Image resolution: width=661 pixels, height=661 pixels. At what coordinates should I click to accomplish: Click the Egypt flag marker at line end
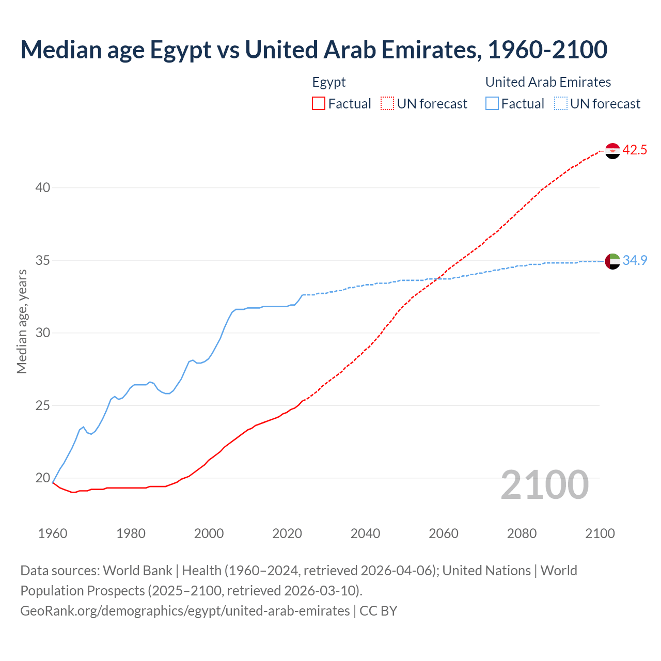[612, 151]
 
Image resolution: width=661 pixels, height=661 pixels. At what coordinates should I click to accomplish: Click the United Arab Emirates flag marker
[612, 261]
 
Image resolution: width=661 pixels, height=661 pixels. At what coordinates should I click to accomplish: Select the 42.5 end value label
[635, 150]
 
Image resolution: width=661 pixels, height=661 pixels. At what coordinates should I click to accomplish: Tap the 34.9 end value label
[635, 261]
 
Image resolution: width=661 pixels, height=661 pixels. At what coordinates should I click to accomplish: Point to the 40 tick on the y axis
[43, 187]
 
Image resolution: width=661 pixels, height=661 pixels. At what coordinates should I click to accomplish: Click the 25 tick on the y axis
[43, 405]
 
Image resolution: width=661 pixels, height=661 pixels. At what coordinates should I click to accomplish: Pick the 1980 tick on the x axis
[131, 533]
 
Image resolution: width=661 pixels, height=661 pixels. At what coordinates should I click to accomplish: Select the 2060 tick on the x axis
[444, 533]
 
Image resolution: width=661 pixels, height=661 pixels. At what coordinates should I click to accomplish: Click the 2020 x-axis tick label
[287, 533]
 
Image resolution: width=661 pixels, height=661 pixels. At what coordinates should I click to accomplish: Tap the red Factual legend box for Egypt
[319, 104]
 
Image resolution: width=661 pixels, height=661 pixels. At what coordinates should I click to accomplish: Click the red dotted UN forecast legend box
[387, 104]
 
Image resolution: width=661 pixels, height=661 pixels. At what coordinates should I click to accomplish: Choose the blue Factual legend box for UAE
[492, 104]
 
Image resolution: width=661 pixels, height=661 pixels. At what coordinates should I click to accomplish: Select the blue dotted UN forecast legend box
[561, 104]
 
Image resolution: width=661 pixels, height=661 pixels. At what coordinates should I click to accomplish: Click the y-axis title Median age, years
[22, 321]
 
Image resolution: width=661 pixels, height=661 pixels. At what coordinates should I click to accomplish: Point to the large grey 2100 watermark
[545, 485]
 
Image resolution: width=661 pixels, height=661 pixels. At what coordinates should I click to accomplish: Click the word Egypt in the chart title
[180, 50]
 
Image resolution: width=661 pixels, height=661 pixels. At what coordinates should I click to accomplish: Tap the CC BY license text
[379, 611]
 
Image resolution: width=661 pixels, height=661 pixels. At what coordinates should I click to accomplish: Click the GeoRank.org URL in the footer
[185, 611]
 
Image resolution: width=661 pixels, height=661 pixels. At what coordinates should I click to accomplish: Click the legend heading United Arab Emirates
[548, 82]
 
